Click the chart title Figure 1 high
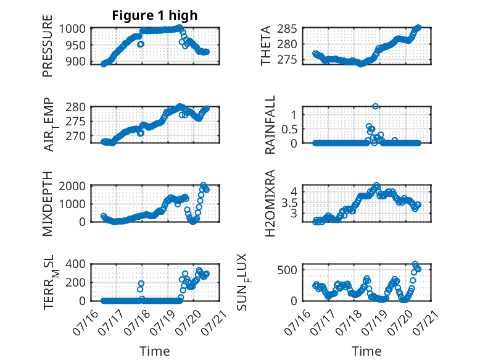(155, 15)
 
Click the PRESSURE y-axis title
(48, 46)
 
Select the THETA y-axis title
(266, 46)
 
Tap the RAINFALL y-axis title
(270, 125)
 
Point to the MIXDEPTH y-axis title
(48, 204)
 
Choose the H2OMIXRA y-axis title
(270, 203)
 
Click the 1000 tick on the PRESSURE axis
(72, 29)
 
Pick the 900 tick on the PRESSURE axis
(76, 62)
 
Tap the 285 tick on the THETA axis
(287, 29)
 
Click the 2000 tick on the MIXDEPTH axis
(72, 186)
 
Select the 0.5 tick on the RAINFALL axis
(289, 129)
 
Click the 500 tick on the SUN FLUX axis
(287, 270)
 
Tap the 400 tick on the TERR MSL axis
(76, 264)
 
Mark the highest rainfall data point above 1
(375, 106)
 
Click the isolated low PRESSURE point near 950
(141, 44)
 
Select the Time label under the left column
(155, 351)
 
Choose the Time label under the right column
(366, 351)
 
